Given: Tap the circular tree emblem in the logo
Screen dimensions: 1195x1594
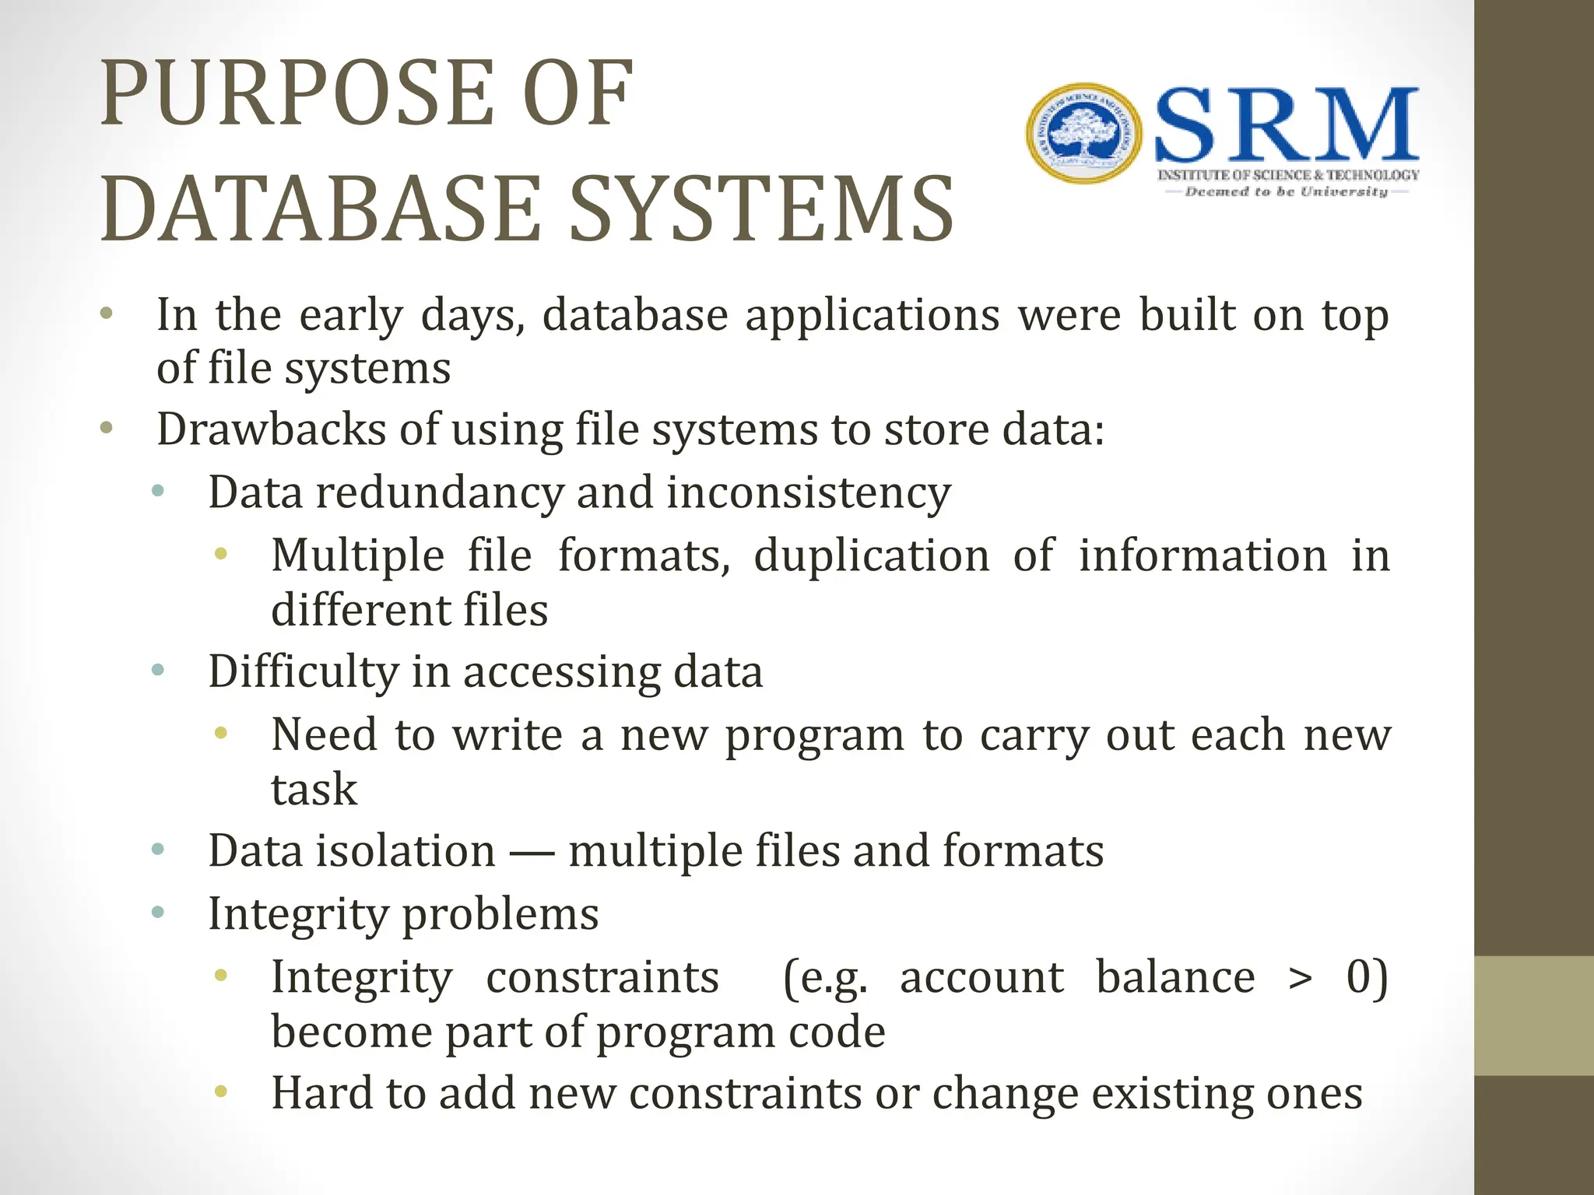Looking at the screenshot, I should click(x=1083, y=134).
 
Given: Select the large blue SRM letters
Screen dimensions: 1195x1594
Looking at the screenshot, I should click(x=1287, y=125).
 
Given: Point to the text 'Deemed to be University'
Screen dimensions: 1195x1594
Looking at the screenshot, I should click(x=1287, y=191).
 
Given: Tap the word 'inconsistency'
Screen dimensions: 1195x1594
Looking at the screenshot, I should click(x=809, y=492).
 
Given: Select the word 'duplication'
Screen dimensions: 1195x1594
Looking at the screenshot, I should click(x=872, y=555).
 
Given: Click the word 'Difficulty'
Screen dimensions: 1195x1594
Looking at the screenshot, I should click(x=303, y=671).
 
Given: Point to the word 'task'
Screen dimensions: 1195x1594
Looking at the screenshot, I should click(x=314, y=789).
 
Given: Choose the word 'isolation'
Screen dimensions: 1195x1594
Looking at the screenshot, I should click(x=406, y=850).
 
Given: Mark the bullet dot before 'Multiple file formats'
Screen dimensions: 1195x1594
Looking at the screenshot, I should click(x=221, y=554).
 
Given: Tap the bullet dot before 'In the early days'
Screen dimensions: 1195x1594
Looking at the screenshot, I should click(x=107, y=315).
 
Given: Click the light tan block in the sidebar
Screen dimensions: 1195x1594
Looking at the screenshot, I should click(x=1534, y=1015).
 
